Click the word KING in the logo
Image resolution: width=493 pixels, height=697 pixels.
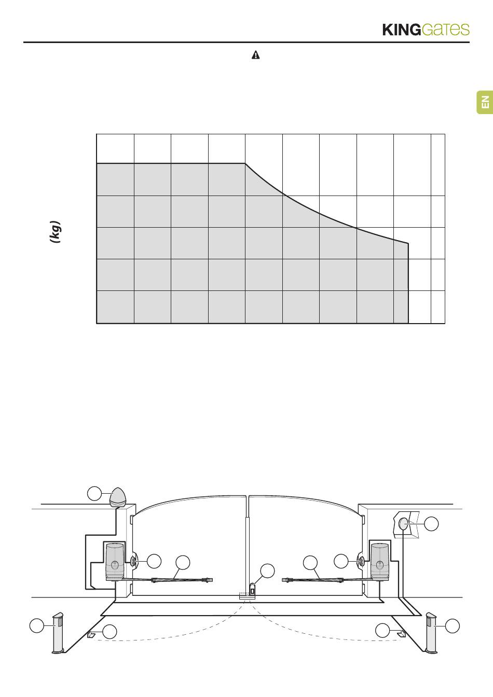[402, 30]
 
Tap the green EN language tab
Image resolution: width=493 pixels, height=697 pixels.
[485, 102]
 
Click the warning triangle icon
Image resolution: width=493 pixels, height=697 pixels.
[255, 55]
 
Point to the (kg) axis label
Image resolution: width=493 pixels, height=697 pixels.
[56, 231]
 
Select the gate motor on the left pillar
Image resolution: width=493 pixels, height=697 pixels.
[115, 562]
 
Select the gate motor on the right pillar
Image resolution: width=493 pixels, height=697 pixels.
[379, 562]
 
